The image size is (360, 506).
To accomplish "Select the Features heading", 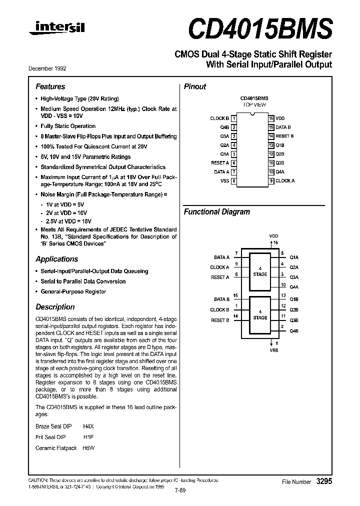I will [x=50, y=86].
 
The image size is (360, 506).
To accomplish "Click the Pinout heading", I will [x=195, y=86].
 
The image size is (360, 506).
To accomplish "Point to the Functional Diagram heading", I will [x=216, y=211].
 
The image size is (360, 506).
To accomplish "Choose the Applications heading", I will [x=56, y=259].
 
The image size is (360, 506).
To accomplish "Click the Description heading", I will [x=55, y=307].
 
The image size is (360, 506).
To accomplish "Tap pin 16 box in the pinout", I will [x=271, y=118].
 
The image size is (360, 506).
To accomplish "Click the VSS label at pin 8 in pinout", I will [x=224, y=181].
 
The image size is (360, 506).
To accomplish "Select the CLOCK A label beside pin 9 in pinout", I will [x=285, y=181].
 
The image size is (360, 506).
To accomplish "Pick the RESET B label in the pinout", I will [x=284, y=136].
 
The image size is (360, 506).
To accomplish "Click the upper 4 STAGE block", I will [x=260, y=271].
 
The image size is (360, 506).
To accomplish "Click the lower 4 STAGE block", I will [x=260, y=315].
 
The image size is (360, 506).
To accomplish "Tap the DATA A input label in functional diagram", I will [x=221, y=257].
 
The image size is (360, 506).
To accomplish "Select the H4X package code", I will [x=88, y=426].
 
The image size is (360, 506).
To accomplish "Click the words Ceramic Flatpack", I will [x=56, y=448].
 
